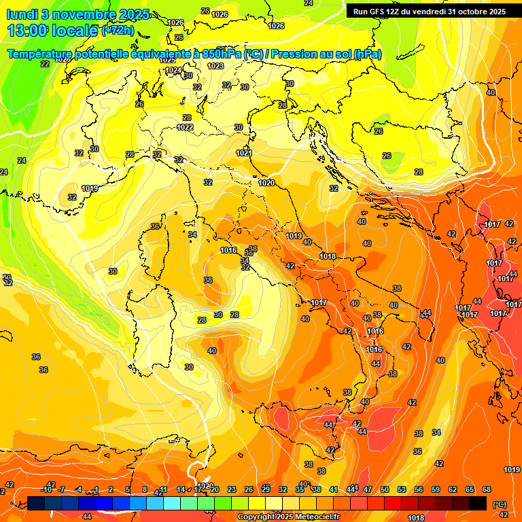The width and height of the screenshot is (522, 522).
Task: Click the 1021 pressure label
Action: [x=244, y=153]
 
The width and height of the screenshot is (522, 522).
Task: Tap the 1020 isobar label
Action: [x=266, y=183]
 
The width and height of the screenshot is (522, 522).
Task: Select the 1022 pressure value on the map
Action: [x=185, y=127]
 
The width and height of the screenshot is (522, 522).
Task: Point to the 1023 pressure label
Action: [x=215, y=66]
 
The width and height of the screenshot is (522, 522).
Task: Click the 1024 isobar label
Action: [x=173, y=70]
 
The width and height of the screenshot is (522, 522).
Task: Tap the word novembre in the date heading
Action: [x=79, y=14]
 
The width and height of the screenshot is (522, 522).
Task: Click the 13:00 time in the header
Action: [x=29, y=30]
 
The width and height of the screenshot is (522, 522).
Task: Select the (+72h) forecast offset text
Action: [x=118, y=31]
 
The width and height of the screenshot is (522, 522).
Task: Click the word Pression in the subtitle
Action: [x=283, y=54]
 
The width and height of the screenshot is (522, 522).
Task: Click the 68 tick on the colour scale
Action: [x=487, y=489]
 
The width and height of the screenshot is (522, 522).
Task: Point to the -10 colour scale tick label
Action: [x=47, y=489]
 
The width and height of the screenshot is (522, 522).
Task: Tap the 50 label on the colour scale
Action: [x=385, y=489]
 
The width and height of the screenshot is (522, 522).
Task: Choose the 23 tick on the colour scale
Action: [x=232, y=489]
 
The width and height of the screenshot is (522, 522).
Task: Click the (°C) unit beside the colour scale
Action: [x=500, y=504]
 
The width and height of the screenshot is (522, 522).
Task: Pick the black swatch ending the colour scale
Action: [x=478, y=503]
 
